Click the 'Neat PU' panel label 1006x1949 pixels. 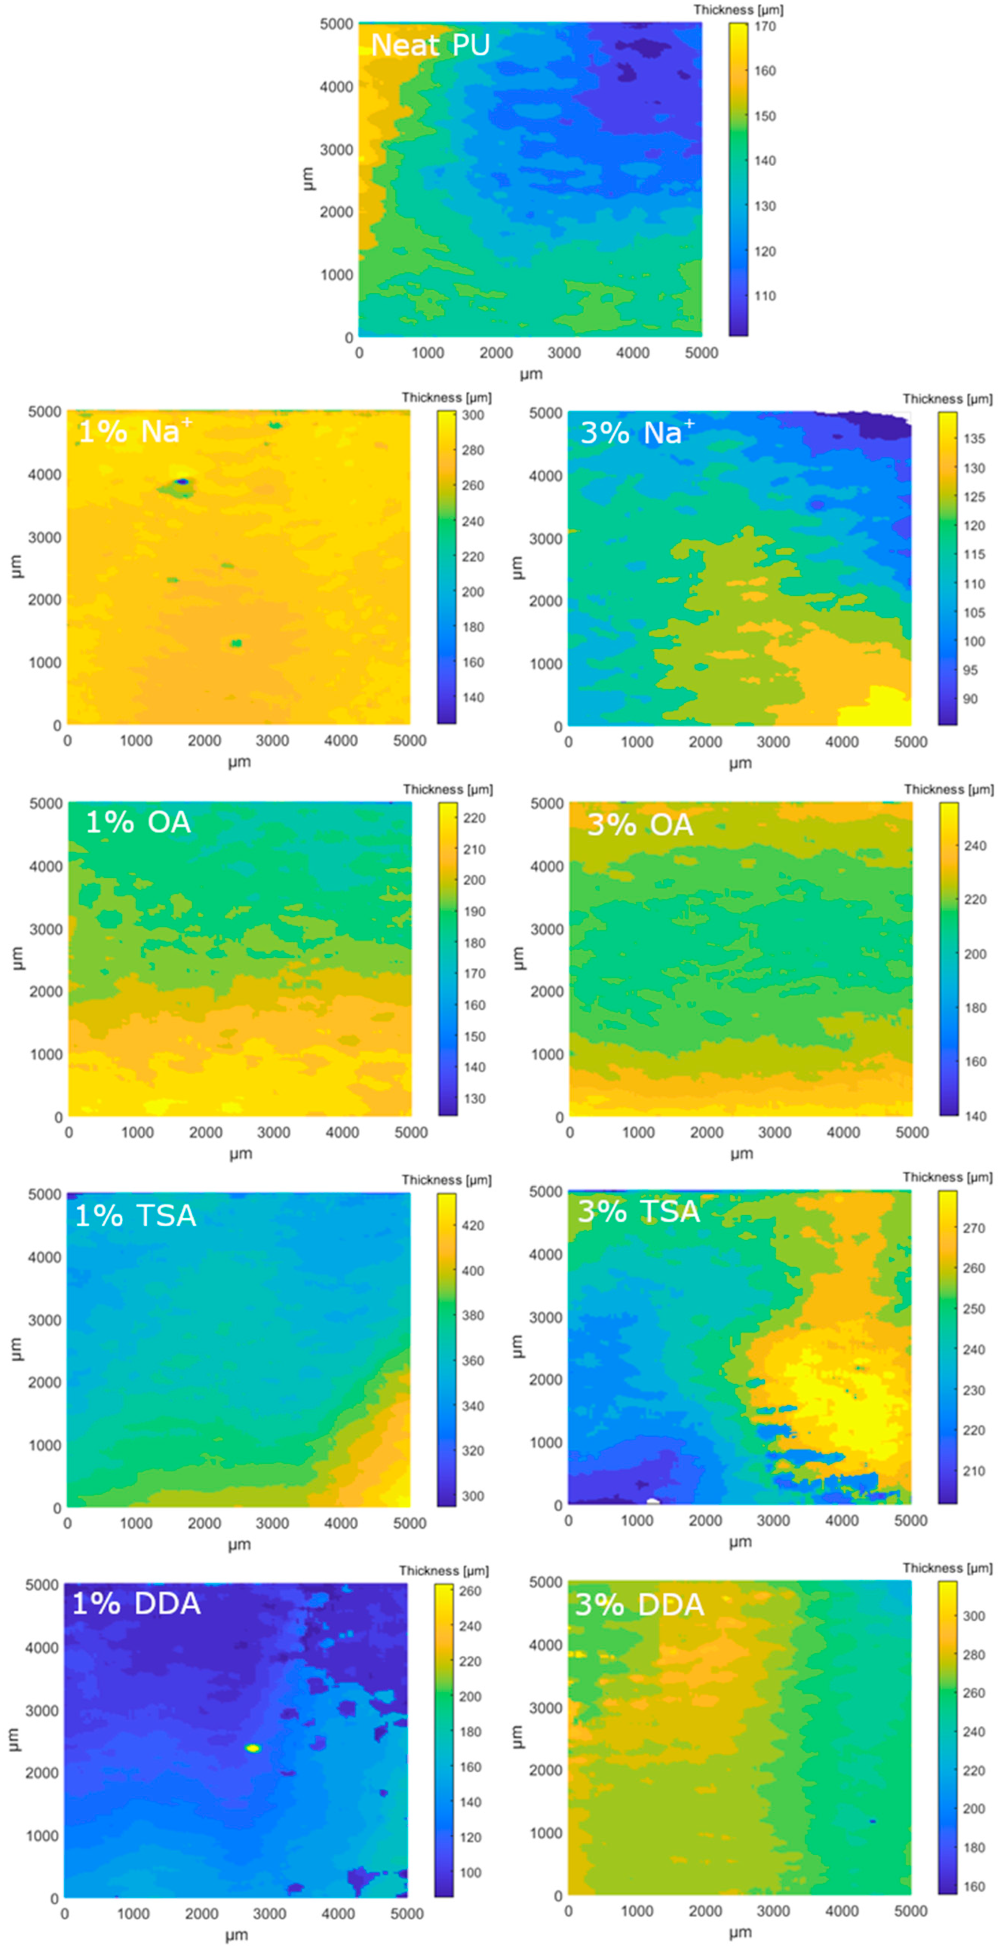[430, 45]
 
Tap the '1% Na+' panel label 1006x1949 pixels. [135, 432]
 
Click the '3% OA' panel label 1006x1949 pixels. [640, 825]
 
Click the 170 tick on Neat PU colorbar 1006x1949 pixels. [765, 26]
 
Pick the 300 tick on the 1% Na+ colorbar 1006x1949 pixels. [473, 415]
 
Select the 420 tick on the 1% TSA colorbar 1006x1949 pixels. [473, 1226]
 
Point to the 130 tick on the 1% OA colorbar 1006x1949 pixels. [475, 1098]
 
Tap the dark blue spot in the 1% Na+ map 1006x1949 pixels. [182, 481]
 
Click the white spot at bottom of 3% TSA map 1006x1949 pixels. [653, 1501]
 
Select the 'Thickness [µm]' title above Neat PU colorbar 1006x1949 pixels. [738, 10]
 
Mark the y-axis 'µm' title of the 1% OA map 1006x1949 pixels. [17, 958]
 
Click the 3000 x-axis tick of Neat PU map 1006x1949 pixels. [564, 353]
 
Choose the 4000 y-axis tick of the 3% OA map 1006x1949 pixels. [546, 866]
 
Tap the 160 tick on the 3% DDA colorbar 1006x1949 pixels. [974, 1886]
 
